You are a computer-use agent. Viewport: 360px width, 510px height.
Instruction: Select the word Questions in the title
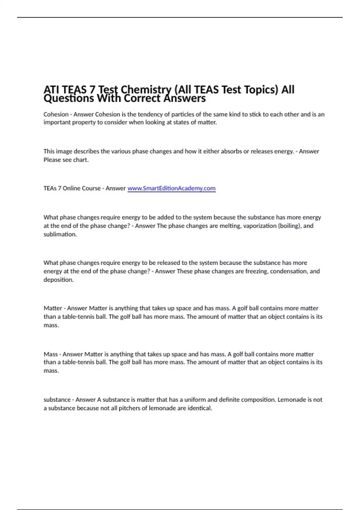69,98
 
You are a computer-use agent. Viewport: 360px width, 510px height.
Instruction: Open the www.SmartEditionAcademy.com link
171,188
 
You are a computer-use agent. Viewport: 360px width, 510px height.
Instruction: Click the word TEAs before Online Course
50,188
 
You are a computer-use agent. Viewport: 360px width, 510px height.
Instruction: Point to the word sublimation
60,234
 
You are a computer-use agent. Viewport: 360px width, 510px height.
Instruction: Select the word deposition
58,280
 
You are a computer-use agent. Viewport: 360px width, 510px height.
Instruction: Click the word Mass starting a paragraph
51,354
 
